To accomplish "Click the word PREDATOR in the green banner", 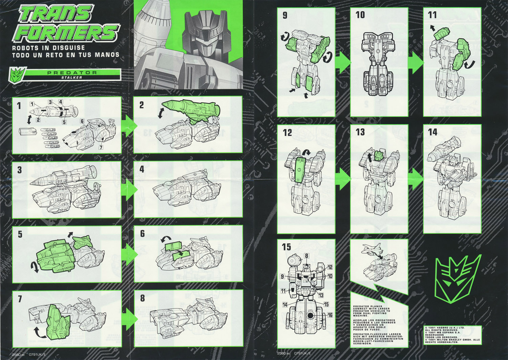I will click(x=72, y=73).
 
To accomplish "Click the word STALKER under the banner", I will click(x=71, y=78).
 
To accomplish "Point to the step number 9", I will click(x=285, y=16).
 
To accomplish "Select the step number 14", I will click(x=432, y=132).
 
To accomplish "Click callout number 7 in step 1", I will click(x=101, y=147).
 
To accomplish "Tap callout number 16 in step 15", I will click(x=330, y=315).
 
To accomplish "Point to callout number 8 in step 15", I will click(x=306, y=256).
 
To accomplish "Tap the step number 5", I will click(x=20, y=234).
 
